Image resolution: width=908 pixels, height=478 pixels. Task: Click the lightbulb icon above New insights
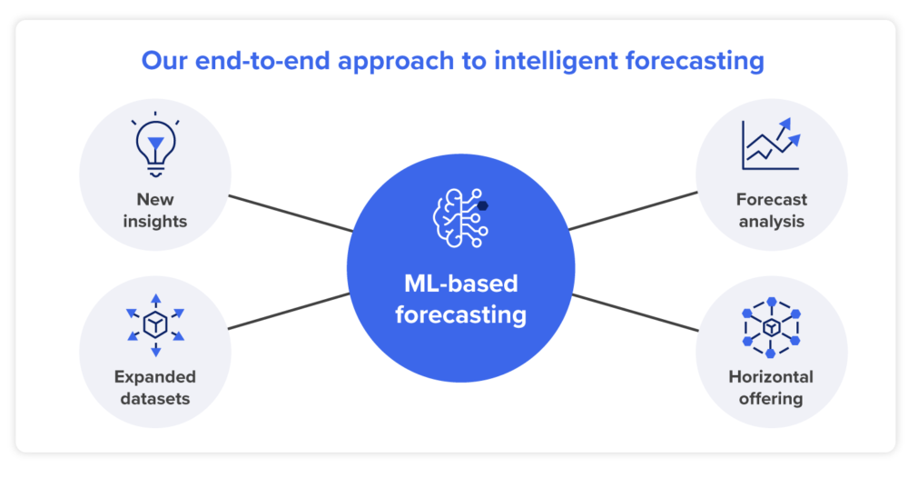155,146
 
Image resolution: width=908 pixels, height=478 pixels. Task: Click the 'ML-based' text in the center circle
460,284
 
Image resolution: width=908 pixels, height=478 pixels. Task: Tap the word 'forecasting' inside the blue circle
460,314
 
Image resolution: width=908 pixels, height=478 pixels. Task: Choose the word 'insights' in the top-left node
155,221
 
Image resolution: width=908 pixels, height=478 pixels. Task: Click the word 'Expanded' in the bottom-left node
155,376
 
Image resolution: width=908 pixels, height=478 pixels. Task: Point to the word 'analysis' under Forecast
771,221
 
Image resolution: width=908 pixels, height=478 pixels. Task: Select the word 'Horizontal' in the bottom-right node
771,376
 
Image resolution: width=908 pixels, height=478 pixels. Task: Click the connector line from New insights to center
291,213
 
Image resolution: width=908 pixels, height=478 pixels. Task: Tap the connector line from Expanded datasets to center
291,311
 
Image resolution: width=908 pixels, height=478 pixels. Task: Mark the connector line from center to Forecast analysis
633,211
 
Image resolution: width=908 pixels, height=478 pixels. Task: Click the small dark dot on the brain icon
483,205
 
